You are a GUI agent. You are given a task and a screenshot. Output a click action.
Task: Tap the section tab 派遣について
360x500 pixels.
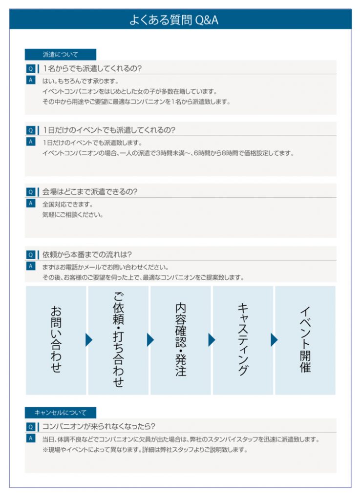(61, 55)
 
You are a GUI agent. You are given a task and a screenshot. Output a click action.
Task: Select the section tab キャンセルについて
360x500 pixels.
(61, 413)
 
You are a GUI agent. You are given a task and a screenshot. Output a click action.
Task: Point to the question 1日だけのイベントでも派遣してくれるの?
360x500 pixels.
(109, 130)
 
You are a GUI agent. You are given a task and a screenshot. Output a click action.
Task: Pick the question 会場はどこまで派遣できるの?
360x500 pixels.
(90, 192)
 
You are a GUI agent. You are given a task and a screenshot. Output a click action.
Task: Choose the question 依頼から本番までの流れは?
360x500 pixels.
(87, 254)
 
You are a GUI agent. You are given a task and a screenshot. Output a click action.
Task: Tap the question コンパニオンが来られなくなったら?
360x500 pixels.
(99, 426)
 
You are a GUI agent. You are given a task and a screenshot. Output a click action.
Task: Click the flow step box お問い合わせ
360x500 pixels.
(56, 340)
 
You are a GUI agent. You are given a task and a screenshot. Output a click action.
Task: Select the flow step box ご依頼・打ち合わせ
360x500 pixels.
(118, 340)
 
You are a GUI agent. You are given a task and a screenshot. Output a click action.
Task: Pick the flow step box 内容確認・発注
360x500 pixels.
(181, 340)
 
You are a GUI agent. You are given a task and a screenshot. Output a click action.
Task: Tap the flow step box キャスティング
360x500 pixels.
(243, 340)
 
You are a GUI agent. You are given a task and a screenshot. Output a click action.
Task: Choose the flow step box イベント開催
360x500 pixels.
(305, 340)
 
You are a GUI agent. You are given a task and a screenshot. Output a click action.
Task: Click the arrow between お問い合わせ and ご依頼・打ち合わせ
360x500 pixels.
(88, 340)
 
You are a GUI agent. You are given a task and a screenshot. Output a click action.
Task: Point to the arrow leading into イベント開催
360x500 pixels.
(274, 340)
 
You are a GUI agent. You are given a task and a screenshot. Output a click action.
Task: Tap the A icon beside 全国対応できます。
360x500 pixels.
(30, 203)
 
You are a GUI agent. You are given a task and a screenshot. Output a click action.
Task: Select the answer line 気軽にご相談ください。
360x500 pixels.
(73, 214)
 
